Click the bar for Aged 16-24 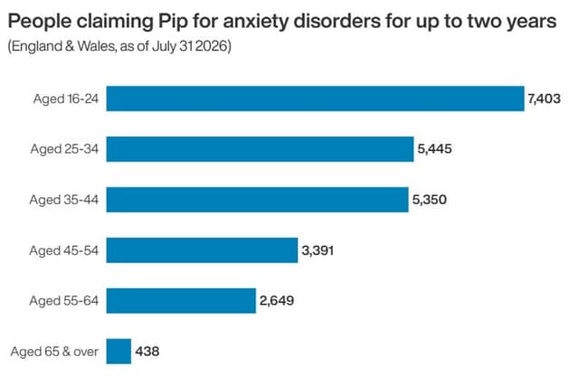[x=316, y=99]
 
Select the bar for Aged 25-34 [x=260, y=149]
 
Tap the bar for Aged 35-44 [x=257, y=200]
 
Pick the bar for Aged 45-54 [x=202, y=250]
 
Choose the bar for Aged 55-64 [x=181, y=301]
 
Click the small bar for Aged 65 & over [x=119, y=352]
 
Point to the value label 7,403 [x=545, y=99]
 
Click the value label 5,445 [x=434, y=149]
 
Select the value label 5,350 [x=430, y=200]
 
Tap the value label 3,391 [x=318, y=250]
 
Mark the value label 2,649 [x=277, y=301]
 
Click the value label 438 [x=147, y=352]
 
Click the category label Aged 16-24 [x=66, y=99]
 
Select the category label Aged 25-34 [x=64, y=149]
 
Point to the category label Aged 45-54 [x=64, y=250]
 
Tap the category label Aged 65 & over [x=54, y=352]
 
